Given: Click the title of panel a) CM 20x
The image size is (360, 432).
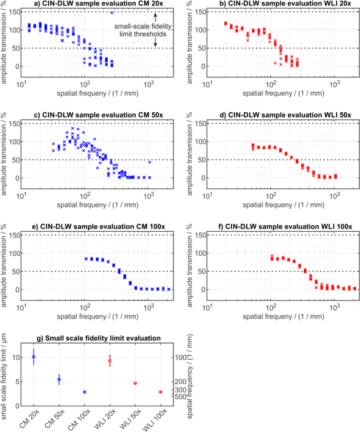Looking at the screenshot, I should tap(95, 4).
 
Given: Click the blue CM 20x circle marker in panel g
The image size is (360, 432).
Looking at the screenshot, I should tap(33, 357).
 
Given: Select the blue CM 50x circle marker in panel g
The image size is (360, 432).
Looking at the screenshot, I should tap(59, 379).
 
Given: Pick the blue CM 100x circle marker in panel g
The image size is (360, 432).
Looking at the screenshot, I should tap(84, 392).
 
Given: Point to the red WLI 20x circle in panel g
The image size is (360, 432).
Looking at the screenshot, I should tap(109, 361).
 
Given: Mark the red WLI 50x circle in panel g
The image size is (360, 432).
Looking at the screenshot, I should tap(135, 384).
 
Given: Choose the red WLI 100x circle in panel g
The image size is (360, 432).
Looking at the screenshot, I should tap(160, 392).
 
